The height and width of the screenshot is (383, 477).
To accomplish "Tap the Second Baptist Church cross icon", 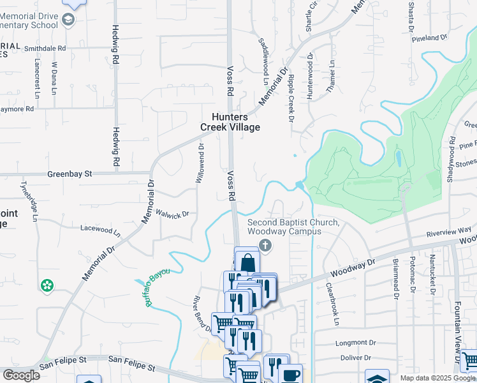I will click(x=266, y=245).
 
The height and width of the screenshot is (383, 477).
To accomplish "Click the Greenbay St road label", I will click(x=70, y=173).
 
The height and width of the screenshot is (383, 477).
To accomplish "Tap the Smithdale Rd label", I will click(x=44, y=48).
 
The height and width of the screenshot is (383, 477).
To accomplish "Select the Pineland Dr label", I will click(x=430, y=38).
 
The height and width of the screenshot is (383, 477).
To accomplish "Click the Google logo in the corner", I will click(x=21, y=375).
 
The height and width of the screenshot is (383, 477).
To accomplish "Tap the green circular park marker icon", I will click(x=46, y=287).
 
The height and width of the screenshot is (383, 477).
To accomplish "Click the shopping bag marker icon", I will click(x=247, y=262).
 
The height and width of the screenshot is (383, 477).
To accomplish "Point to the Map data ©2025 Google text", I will click(x=437, y=378).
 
